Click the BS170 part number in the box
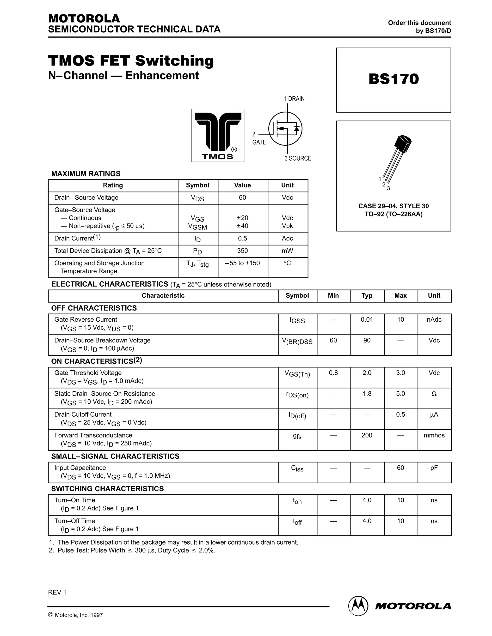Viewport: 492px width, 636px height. tap(394, 79)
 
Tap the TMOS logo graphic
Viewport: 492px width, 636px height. tap(218, 135)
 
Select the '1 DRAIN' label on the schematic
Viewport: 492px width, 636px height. tap(294, 99)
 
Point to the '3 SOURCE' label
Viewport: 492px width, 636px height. tap(298, 158)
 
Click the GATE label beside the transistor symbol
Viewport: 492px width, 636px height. tap(259, 142)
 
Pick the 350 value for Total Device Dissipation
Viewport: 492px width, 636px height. tap(242, 251)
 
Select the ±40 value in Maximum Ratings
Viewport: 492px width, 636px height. tap(242, 226)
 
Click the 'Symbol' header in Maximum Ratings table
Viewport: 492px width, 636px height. tap(198, 185)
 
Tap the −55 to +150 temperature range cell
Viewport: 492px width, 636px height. tap(242, 263)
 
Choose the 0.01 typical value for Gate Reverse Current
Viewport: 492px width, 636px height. tap(367, 319)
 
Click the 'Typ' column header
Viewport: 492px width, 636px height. tap(367, 296)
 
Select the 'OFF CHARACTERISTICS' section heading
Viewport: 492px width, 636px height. tap(94, 308)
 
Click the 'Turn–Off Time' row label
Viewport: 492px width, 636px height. tap(75, 521)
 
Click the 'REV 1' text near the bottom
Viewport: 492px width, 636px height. tap(57, 593)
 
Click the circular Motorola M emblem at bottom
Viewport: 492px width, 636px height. tap(358, 606)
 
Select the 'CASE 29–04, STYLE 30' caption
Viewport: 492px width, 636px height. tap(394, 206)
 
